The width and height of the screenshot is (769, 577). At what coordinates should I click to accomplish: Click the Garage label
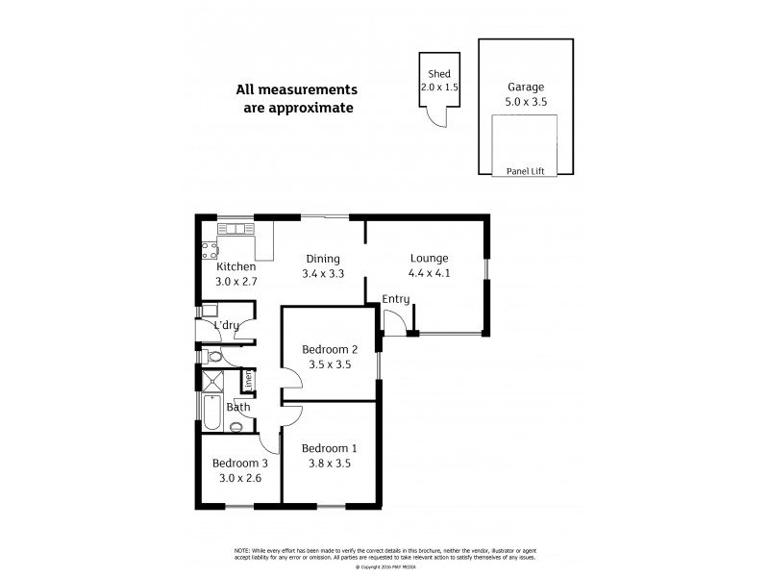point(525,86)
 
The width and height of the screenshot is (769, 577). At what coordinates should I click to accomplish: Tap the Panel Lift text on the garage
point(525,171)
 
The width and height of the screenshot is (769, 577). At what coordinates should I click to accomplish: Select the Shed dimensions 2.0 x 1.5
point(438,87)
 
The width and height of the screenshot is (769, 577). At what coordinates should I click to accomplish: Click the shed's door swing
point(435,115)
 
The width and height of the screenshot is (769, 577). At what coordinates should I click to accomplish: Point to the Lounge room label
point(429,258)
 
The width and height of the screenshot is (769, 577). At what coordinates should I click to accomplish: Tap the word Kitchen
point(236,266)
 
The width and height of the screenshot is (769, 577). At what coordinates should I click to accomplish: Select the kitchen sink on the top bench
point(235,229)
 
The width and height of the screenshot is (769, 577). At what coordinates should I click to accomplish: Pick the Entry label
point(395,299)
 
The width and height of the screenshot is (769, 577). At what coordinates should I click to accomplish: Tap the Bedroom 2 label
point(330,349)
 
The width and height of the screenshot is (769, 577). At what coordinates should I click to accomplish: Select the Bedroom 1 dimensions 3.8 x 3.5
point(329,463)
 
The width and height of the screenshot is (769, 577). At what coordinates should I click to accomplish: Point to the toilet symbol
point(214,358)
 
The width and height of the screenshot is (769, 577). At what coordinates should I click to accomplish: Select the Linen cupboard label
point(247,380)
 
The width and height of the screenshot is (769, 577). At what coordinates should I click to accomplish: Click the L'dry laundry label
point(226,326)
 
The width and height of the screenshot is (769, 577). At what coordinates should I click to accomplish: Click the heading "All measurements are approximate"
point(296,99)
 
